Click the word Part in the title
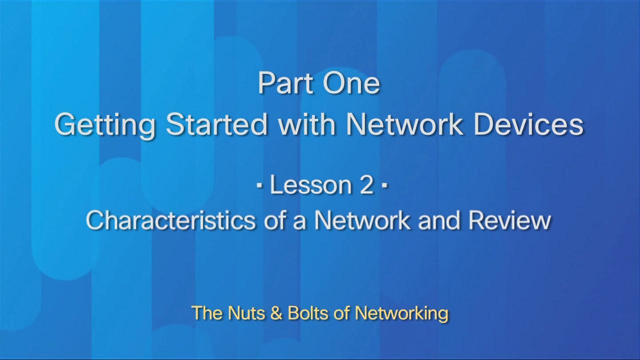tap(285, 83)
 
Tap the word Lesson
tap(311, 185)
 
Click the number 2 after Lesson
tap(366, 185)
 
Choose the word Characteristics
tap(170, 220)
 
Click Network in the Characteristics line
tap(362, 220)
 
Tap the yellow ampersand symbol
tap(276, 313)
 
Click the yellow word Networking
tap(401, 313)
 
